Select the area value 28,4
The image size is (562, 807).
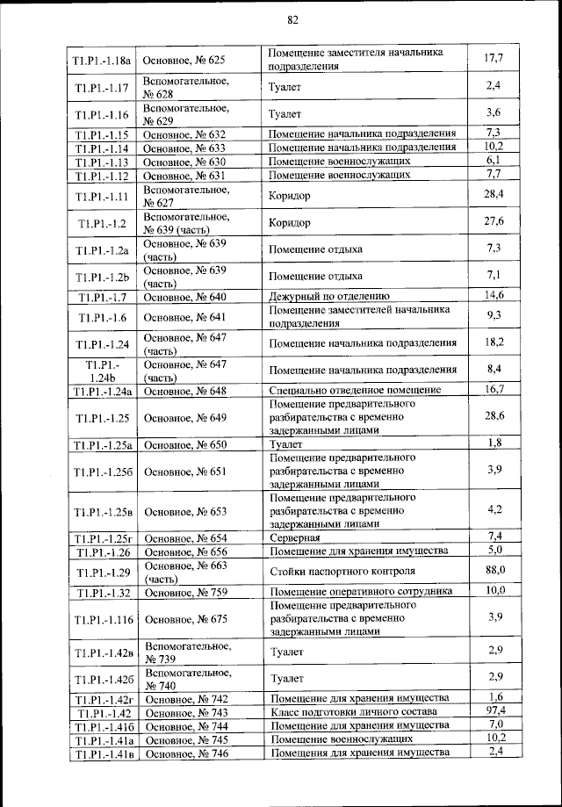tap(494, 193)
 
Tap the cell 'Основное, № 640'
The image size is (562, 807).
tap(184, 296)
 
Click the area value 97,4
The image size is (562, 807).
tap(494, 710)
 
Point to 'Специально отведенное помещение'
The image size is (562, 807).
tap(355, 390)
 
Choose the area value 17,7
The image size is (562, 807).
tap(494, 58)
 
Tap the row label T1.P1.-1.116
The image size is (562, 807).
tap(104, 619)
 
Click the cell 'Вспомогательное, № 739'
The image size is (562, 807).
tap(186, 652)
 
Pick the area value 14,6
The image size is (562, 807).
tap(494, 295)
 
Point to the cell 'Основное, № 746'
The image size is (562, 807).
tap(185, 754)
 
